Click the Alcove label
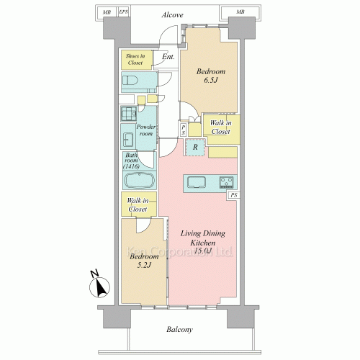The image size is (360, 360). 172,15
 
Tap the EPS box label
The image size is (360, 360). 124,12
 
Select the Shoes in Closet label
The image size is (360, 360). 135,59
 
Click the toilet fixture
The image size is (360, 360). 130,81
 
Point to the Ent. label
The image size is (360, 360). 168,57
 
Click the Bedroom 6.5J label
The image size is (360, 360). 211,76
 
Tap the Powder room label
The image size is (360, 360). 146,130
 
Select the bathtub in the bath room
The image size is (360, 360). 140,181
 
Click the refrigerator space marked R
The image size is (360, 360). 195,147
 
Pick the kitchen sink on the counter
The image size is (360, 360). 197,182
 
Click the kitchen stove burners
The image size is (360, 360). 226,182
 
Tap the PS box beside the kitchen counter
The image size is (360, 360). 234,195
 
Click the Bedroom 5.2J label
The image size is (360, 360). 144,261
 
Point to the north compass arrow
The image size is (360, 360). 100,287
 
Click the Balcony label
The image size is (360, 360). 179,330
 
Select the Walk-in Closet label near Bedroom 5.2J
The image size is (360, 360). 138,204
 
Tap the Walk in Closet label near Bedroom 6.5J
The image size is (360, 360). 221,127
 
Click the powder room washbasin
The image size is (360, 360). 128,140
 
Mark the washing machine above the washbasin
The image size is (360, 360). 129,114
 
